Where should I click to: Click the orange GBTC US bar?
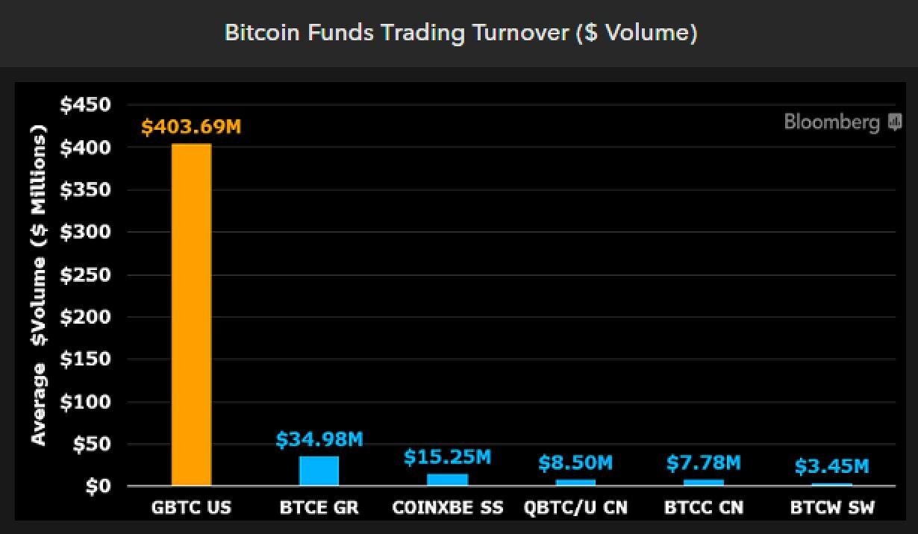pyautogui.click(x=192, y=315)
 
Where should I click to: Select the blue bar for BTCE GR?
pyautogui.click(x=319, y=471)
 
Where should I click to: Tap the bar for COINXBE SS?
pyautogui.click(x=447, y=480)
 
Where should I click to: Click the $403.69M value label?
pyautogui.click(x=192, y=128)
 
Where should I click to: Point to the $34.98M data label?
pyautogui.click(x=319, y=440)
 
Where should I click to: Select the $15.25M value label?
pyautogui.click(x=447, y=457)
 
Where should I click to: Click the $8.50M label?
pyautogui.click(x=575, y=463)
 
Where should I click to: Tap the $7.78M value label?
pyautogui.click(x=704, y=463)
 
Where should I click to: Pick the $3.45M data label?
pyautogui.click(x=831, y=467)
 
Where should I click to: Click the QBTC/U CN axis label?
pyautogui.click(x=575, y=508)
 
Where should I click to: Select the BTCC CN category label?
pyautogui.click(x=704, y=508)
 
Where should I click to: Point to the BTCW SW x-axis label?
pyautogui.click(x=831, y=508)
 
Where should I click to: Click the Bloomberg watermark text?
pyautogui.click(x=832, y=122)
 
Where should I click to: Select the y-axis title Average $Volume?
pyautogui.click(x=38, y=287)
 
